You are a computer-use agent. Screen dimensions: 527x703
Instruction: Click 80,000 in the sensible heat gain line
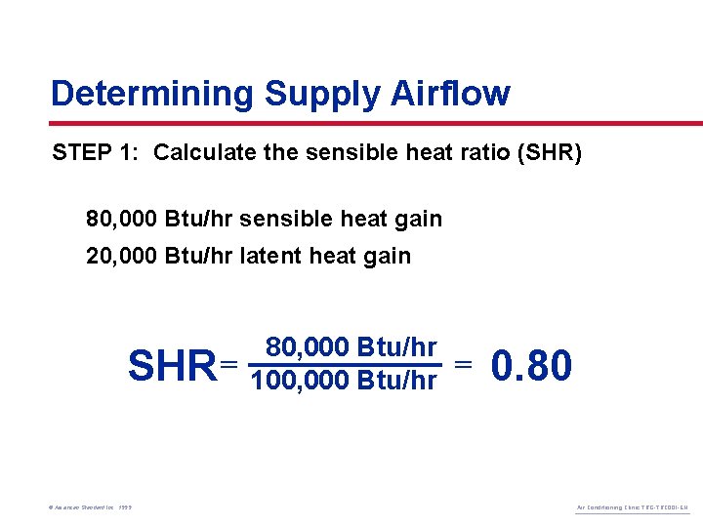click(x=123, y=219)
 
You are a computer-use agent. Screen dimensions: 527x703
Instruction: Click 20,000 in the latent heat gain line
click(x=123, y=257)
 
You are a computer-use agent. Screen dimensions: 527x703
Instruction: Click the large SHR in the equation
click(x=172, y=368)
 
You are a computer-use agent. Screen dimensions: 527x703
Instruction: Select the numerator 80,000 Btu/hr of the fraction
click(x=351, y=347)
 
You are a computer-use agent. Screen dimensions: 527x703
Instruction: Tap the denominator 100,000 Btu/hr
click(x=344, y=380)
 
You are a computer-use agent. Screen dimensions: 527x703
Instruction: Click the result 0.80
click(x=532, y=366)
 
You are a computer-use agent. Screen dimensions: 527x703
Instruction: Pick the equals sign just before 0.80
click(x=464, y=364)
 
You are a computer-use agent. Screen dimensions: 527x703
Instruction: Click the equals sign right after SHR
click(x=229, y=364)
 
